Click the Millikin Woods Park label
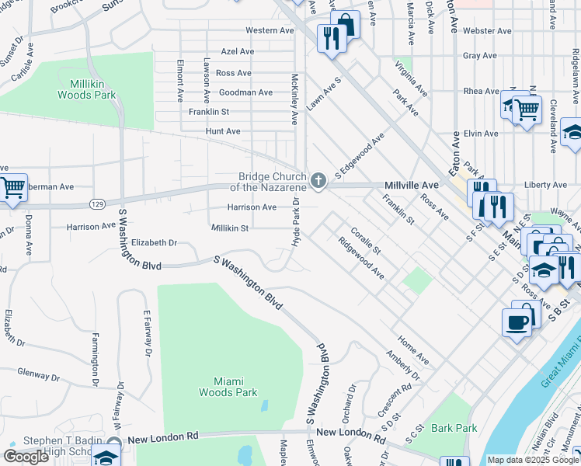[x=86, y=89]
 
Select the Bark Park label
[x=454, y=428]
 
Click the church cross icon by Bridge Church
[x=318, y=181]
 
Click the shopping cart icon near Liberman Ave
[x=13, y=187]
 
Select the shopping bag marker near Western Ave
[x=345, y=24]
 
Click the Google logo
[x=26, y=457]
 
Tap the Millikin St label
[x=229, y=228]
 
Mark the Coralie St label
[x=365, y=241]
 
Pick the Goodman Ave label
[x=245, y=92]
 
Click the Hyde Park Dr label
[x=296, y=224]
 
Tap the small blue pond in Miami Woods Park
[x=264, y=405]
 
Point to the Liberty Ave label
[x=546, y=185]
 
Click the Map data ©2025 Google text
[x=532, y=460]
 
